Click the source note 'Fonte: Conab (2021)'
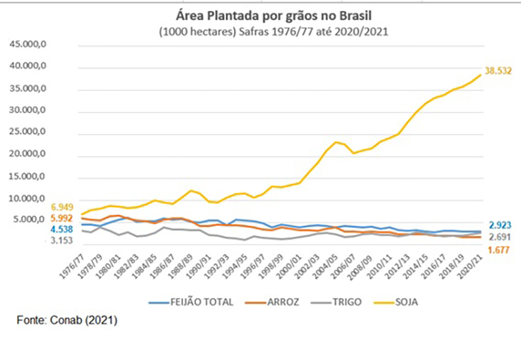pyautogui.click(x=67, y=321)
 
